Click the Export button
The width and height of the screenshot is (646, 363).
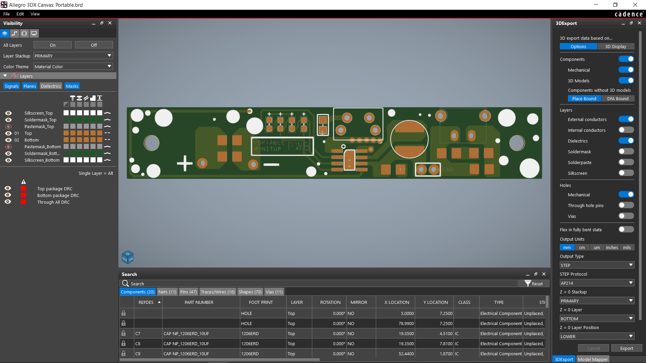pyautogui.click(x=626, y=348)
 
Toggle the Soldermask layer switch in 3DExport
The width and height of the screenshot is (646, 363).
pyautogui.click(x=626, y=152)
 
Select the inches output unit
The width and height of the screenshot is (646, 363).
pyautogui.click(x=612, y=247)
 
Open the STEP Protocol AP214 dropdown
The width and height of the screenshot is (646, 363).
pyautogui.click(x=597, y=283)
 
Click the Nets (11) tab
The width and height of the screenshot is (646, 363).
pyautogui.click(x=167, y=292)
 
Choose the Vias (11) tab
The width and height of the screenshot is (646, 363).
pyautogui.click(x=274, y=292)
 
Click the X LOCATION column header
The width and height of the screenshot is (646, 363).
pyautogui.click(x=397, y=302)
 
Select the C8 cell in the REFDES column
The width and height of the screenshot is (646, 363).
pyautogui.click(x=138, y=344)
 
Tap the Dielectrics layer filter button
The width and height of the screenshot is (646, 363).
pyautogui.click(x=51, y=86)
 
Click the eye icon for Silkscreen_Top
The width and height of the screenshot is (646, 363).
pyautogui.click(x=8, y=113)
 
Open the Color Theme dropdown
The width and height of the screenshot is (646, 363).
pyautogui.click(x=73, y=67)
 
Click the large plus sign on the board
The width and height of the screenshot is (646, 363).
pyautogui.click(x=185, y=163)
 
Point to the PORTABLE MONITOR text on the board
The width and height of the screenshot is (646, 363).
pyautogui.click(x=269, y=146)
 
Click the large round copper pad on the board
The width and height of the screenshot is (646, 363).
pyautogui.click(x=409, y=139)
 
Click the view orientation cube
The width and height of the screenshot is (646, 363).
pyautogui.click(x=128, y=257)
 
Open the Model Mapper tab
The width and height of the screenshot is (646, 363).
pyautogui.click(x=593, y=359)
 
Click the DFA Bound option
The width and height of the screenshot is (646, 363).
pyautogui.click(x=617, y=98)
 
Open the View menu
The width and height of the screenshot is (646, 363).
pyautogui.click(x=35, y=14)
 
